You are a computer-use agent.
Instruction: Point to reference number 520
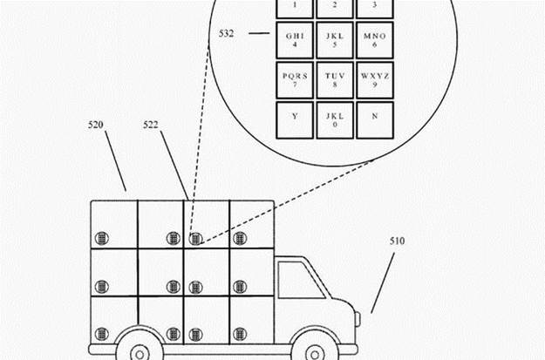tap(97, 126)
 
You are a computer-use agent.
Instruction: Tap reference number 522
tap(152, 126)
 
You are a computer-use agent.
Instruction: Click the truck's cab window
tap(301, 280)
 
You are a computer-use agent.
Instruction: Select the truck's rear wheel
tap(140, 353)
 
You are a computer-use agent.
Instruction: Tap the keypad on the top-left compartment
tap(103, 238)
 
